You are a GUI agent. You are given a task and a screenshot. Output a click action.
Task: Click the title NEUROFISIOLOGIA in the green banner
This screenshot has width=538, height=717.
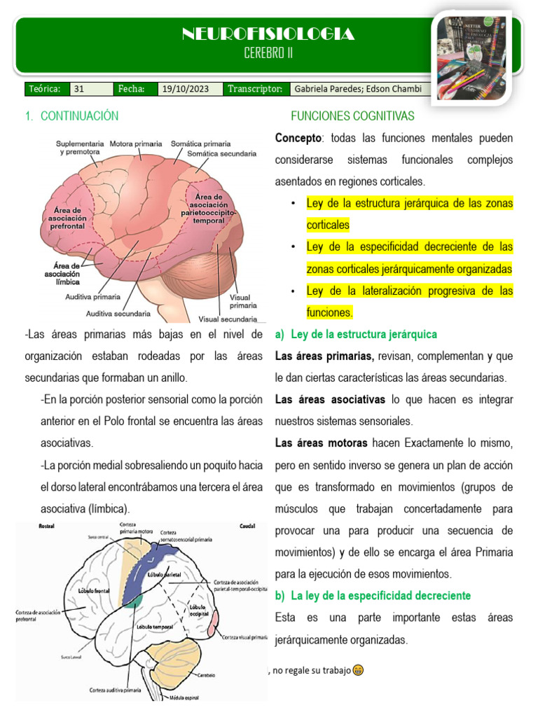tap(268, 34)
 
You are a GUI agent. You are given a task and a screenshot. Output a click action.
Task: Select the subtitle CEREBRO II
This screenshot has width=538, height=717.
tap(268, 53)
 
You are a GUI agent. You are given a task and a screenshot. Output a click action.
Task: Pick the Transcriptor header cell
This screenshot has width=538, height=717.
tap(254, 89)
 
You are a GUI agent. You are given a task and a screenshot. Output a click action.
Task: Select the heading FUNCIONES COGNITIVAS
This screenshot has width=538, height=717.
tap(352, 116)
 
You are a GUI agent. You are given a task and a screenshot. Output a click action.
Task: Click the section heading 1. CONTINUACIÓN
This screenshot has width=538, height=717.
tap(71, 116)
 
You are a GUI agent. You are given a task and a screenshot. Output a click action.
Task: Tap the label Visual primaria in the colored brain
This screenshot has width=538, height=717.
tap(243, 302)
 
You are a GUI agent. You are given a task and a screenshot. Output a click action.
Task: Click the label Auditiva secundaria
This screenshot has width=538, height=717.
tap(118, 314)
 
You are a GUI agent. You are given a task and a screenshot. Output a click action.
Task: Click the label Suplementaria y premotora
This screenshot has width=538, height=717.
tap(80, 147)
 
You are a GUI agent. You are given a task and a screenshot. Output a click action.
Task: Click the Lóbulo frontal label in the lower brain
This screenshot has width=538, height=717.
tap(95, 590)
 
